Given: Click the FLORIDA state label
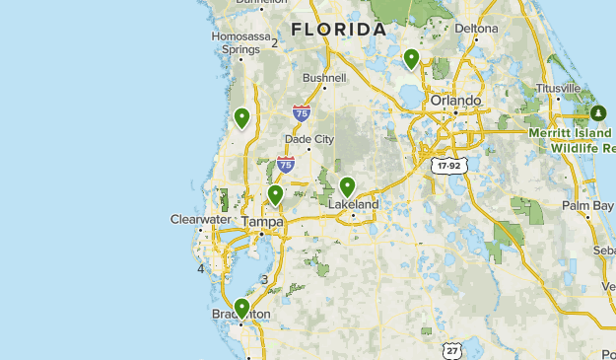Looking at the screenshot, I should (x=339, y=30).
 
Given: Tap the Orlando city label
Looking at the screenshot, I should (x=455, y=100).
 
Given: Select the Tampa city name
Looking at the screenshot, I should (x=262, y=222).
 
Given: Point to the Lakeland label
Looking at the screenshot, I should (x=353, y=204).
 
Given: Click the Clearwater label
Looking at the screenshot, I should (x=200, y=219).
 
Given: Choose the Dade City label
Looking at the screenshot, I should (x=309, y=139).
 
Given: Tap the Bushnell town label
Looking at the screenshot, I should (x=324, y=77).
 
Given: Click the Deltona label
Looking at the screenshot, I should (x=478, y=29).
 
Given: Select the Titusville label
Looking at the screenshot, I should (x=558, y=88).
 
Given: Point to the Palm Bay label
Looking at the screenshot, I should (x=588, y=205).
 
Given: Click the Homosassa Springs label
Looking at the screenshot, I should (x=240, y=42).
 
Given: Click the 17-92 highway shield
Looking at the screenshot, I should (x=447, y=166).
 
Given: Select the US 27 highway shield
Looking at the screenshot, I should (x=451, y=350).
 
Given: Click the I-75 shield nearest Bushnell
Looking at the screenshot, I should (x=302, y=112).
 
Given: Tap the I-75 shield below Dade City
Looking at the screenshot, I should (x=286, y=164).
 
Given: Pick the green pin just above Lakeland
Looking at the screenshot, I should (x=347, y=186).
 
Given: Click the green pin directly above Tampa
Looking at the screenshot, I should (x=276, y=194).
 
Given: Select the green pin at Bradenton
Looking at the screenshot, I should (x=241, y=308).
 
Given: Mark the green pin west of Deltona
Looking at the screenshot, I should (x=412, y=59).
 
